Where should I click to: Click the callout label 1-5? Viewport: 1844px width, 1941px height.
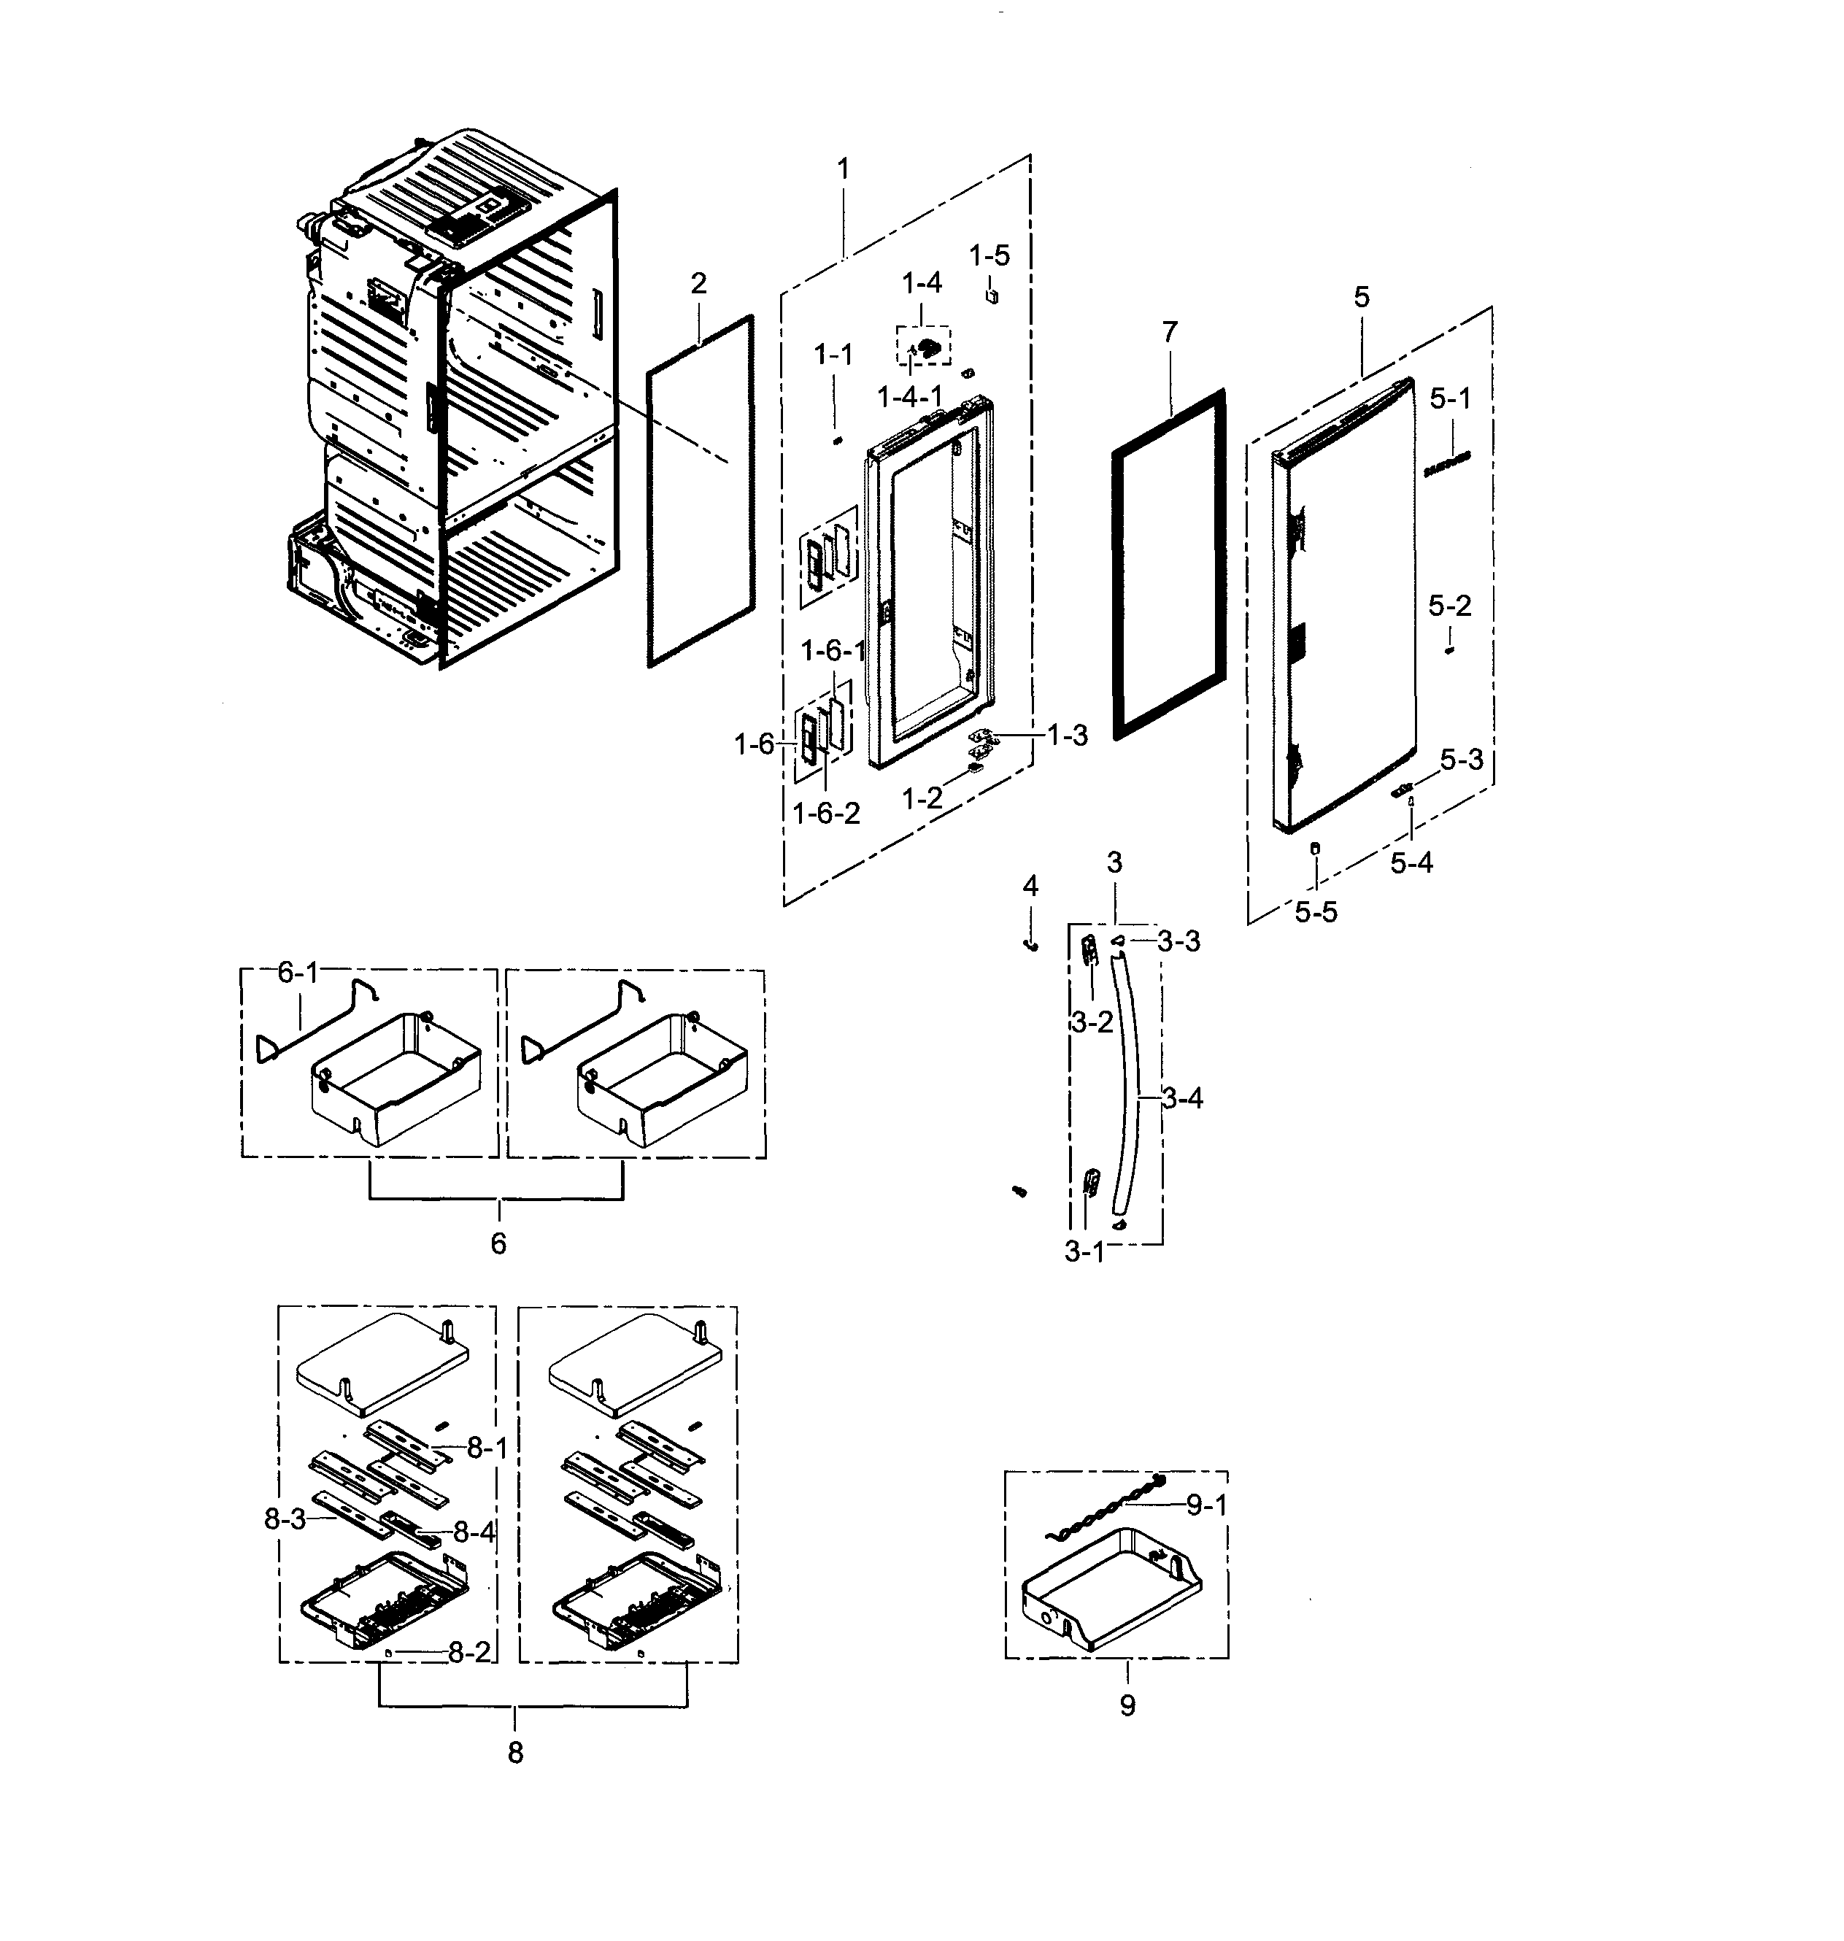tap(989, 255)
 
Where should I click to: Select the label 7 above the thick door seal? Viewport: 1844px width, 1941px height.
tap(1169, 333)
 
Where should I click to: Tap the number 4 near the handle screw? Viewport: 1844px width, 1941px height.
tap(1030, 887)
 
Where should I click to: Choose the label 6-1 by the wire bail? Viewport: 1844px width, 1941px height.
tap(298, 973)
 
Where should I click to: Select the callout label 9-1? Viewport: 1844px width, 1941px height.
tap(1206, 1505)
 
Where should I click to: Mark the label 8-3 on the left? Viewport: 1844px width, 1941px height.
tap(285, 1519)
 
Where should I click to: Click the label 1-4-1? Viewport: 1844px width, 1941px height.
tap(909, 397)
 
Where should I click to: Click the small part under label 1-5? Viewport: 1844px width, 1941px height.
tap(992, 294)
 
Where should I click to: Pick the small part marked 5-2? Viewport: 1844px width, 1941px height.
tap(1449, 649)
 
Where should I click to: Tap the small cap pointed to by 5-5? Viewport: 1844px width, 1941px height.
tap(1315, 847)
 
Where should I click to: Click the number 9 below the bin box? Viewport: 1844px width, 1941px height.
tap(1127, 1705)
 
